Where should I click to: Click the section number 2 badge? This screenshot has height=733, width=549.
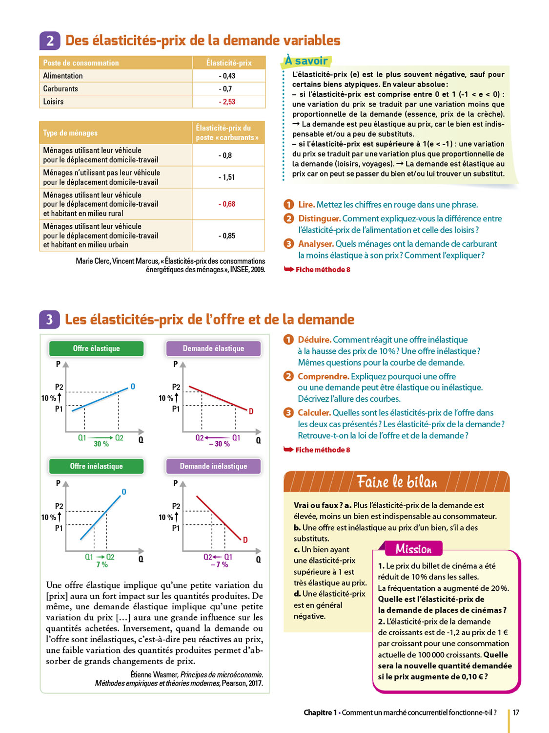[x=50, y=41]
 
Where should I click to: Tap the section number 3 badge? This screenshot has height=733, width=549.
[x=49, y=320]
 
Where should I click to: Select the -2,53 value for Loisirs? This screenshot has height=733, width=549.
[x=227, y=102]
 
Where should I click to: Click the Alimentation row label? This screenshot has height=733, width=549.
[x=63, y=76]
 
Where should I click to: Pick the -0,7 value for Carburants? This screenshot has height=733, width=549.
[x=227, y=89]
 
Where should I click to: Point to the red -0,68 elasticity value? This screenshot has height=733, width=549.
[x=227, y=204]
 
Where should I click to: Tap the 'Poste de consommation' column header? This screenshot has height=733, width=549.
[x=81, y=63]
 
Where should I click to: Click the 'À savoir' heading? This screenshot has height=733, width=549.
[x=306, y=61]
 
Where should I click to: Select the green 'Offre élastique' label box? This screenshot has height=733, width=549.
[x=96, y=348]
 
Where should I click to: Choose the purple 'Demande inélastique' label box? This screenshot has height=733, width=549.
[x=213, y=466]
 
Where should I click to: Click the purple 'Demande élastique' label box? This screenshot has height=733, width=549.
[x=213, y=348]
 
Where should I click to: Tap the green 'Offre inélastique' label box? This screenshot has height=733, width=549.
[x=96, y=466]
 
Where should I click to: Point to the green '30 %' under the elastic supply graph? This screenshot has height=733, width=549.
[x=101, y=444]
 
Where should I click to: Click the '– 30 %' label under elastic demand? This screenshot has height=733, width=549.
[x=219, y=444]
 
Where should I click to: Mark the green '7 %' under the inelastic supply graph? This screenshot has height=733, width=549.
[x=102, y=564]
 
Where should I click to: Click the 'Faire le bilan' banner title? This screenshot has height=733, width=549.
[x=397, y=482]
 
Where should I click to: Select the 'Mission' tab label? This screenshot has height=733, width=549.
[x=413, y=549]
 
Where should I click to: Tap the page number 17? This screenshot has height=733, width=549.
[x=516, y=712]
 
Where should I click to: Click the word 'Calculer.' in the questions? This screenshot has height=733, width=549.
[x=314, y=413]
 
